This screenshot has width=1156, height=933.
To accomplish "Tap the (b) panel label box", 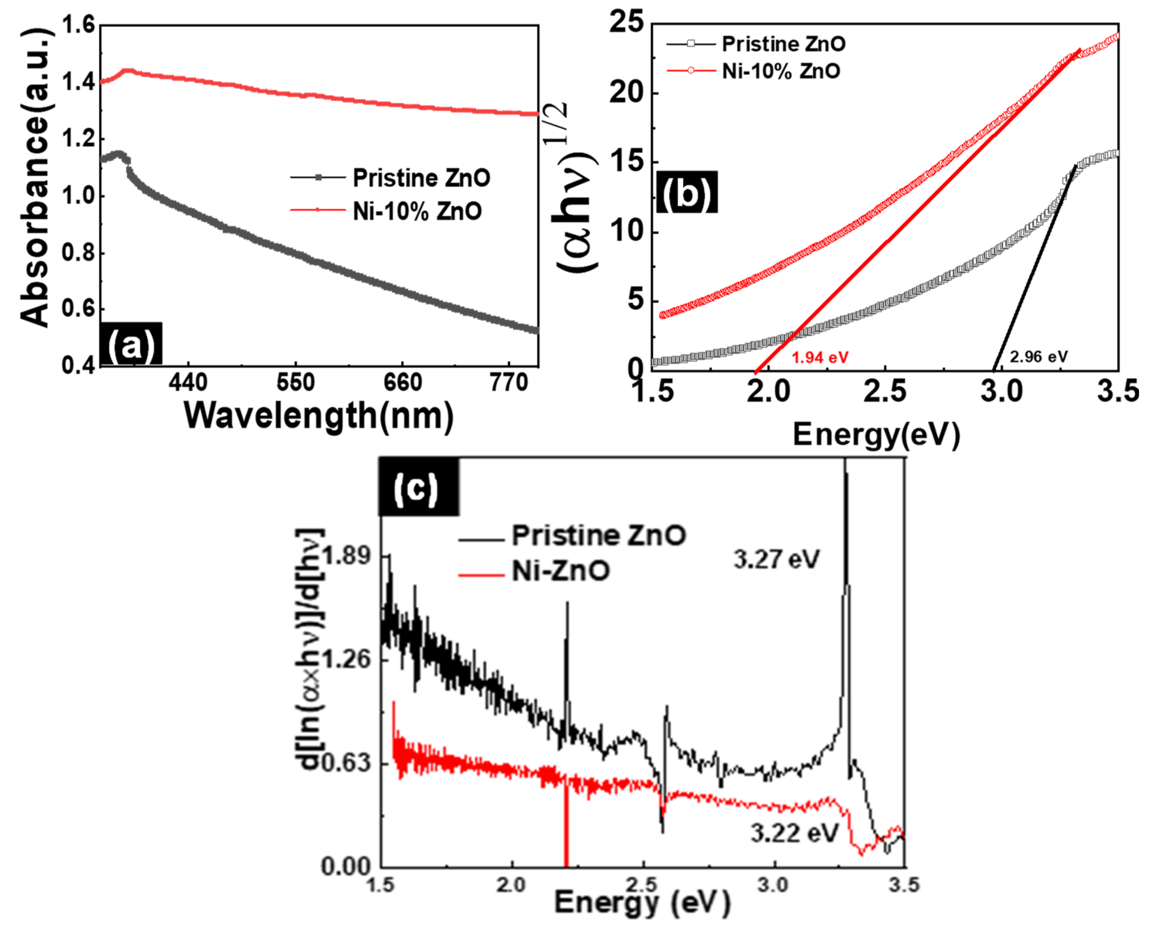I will [686, 192].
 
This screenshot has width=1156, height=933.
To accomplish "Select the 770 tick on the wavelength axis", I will [509, 383].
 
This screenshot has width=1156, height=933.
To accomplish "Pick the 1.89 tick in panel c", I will [346, 556].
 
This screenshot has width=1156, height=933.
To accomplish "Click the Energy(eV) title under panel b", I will [876, 435].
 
